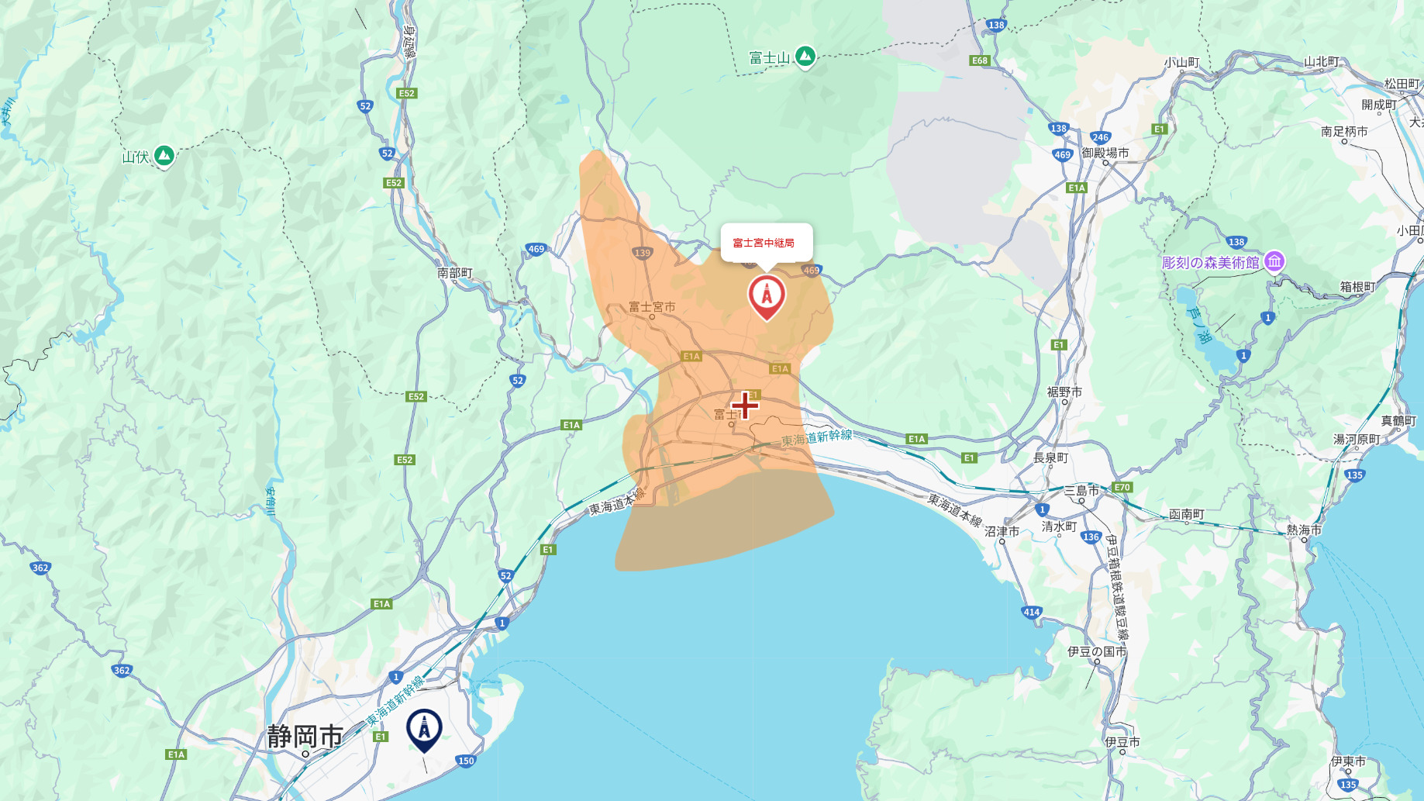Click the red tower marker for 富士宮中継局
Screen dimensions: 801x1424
767,296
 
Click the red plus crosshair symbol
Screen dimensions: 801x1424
745,405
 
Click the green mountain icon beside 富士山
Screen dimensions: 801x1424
805,56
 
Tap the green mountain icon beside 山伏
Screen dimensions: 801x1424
164,155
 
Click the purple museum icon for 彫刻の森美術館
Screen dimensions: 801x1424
1274,262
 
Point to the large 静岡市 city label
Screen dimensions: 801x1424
305,736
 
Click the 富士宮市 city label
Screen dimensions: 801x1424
652,307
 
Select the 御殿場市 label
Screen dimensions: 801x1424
1105,153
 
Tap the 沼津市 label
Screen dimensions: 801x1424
1002,532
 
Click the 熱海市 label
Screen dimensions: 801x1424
1304,530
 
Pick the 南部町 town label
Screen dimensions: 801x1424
454,273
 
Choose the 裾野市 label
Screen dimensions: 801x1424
1064,392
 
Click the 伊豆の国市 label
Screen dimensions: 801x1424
1097,651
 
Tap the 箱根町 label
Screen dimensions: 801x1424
1357,287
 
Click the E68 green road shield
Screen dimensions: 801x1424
980,60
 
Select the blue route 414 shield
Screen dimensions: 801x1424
1032,612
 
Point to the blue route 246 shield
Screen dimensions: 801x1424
1100,137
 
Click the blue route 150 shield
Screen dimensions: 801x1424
466,761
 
